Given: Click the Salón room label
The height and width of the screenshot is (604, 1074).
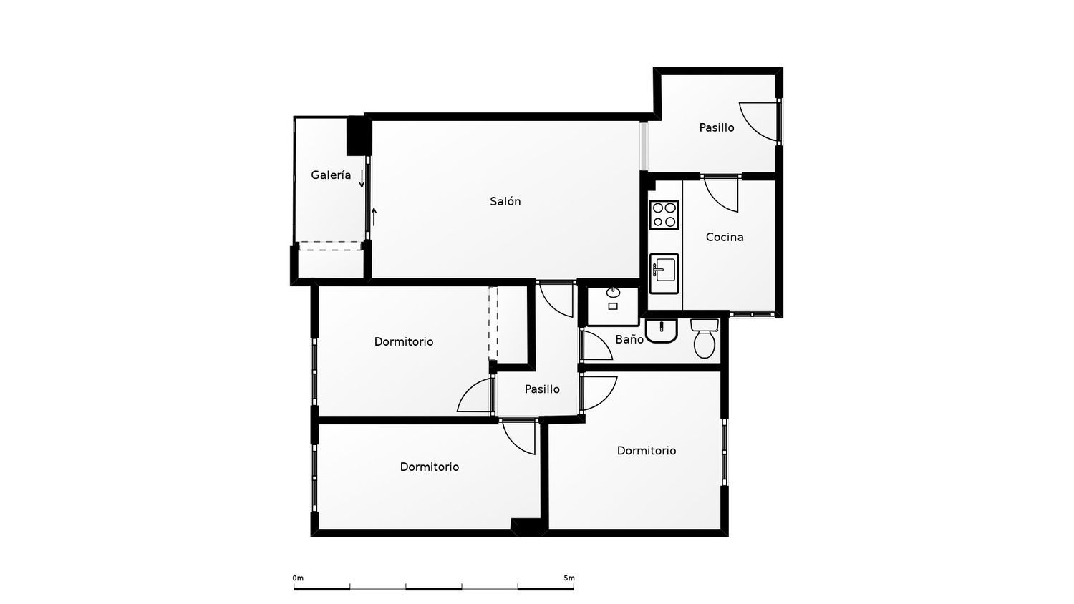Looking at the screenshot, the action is coord(505,201).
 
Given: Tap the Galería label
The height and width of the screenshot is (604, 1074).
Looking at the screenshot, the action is coord(331,175).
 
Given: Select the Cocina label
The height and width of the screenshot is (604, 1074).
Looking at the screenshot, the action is coord(725,237).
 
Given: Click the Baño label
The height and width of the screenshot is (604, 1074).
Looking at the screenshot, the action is coord(629,339).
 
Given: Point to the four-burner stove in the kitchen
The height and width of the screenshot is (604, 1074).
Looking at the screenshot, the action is coord(664,215).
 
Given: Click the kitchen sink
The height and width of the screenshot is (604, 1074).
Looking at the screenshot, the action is coord(664,273).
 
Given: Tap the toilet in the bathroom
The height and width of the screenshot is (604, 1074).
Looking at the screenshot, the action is coord(705,338).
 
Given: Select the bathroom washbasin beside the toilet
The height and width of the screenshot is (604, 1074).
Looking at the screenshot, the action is coord(661,331).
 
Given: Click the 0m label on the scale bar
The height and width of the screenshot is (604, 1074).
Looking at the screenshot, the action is coord(298,578).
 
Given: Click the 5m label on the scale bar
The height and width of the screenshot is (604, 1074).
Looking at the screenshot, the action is coord(569,578).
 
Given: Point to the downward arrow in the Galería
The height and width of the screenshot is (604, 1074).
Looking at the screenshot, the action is coord(362,179).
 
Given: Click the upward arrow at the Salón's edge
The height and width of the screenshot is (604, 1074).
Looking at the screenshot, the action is coord(374,217).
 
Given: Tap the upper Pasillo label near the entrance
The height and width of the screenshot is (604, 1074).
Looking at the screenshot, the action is coord(716,127).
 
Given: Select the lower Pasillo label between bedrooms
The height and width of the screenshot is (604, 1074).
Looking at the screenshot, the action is coord(542,389).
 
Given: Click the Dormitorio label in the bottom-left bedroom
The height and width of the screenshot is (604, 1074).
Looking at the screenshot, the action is coord(429,467).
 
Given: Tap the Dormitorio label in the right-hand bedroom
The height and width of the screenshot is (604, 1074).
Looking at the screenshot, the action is coord(647,451).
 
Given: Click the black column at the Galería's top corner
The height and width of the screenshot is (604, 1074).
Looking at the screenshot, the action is coord(359,136).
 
